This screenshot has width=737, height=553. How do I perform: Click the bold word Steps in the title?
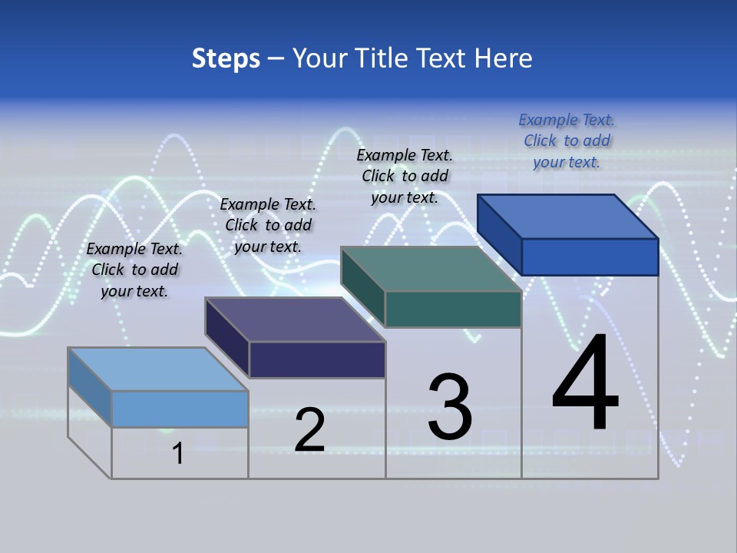(x=226, y=58)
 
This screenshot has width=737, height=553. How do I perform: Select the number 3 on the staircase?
(x=450, y=407)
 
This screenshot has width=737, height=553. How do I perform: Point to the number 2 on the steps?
(x=310, y=430)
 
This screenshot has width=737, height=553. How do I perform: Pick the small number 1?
(x=178, y=454)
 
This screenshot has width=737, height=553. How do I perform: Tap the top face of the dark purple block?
(x=296, y=320)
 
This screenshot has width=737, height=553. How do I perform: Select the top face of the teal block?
(x=431, y=269)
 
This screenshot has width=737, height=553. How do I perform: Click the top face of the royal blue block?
(x=568, y=216)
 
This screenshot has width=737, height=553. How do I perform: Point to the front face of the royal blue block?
(x=590, y=257)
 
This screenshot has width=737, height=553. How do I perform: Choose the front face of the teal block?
(x=453, y=309)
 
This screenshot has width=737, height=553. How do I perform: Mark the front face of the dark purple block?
(x=317, y=359)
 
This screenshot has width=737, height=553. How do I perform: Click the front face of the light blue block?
(x=180, y=409)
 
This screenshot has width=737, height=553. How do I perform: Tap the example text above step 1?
(x=134, y=270)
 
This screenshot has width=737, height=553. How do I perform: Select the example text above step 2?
(x=268, y=225)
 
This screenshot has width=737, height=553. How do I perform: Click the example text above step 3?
(x=405, y=176)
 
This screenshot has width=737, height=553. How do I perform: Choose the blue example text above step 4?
(x=567, y=141)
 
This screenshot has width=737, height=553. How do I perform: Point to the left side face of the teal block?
(x=362, y=286)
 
